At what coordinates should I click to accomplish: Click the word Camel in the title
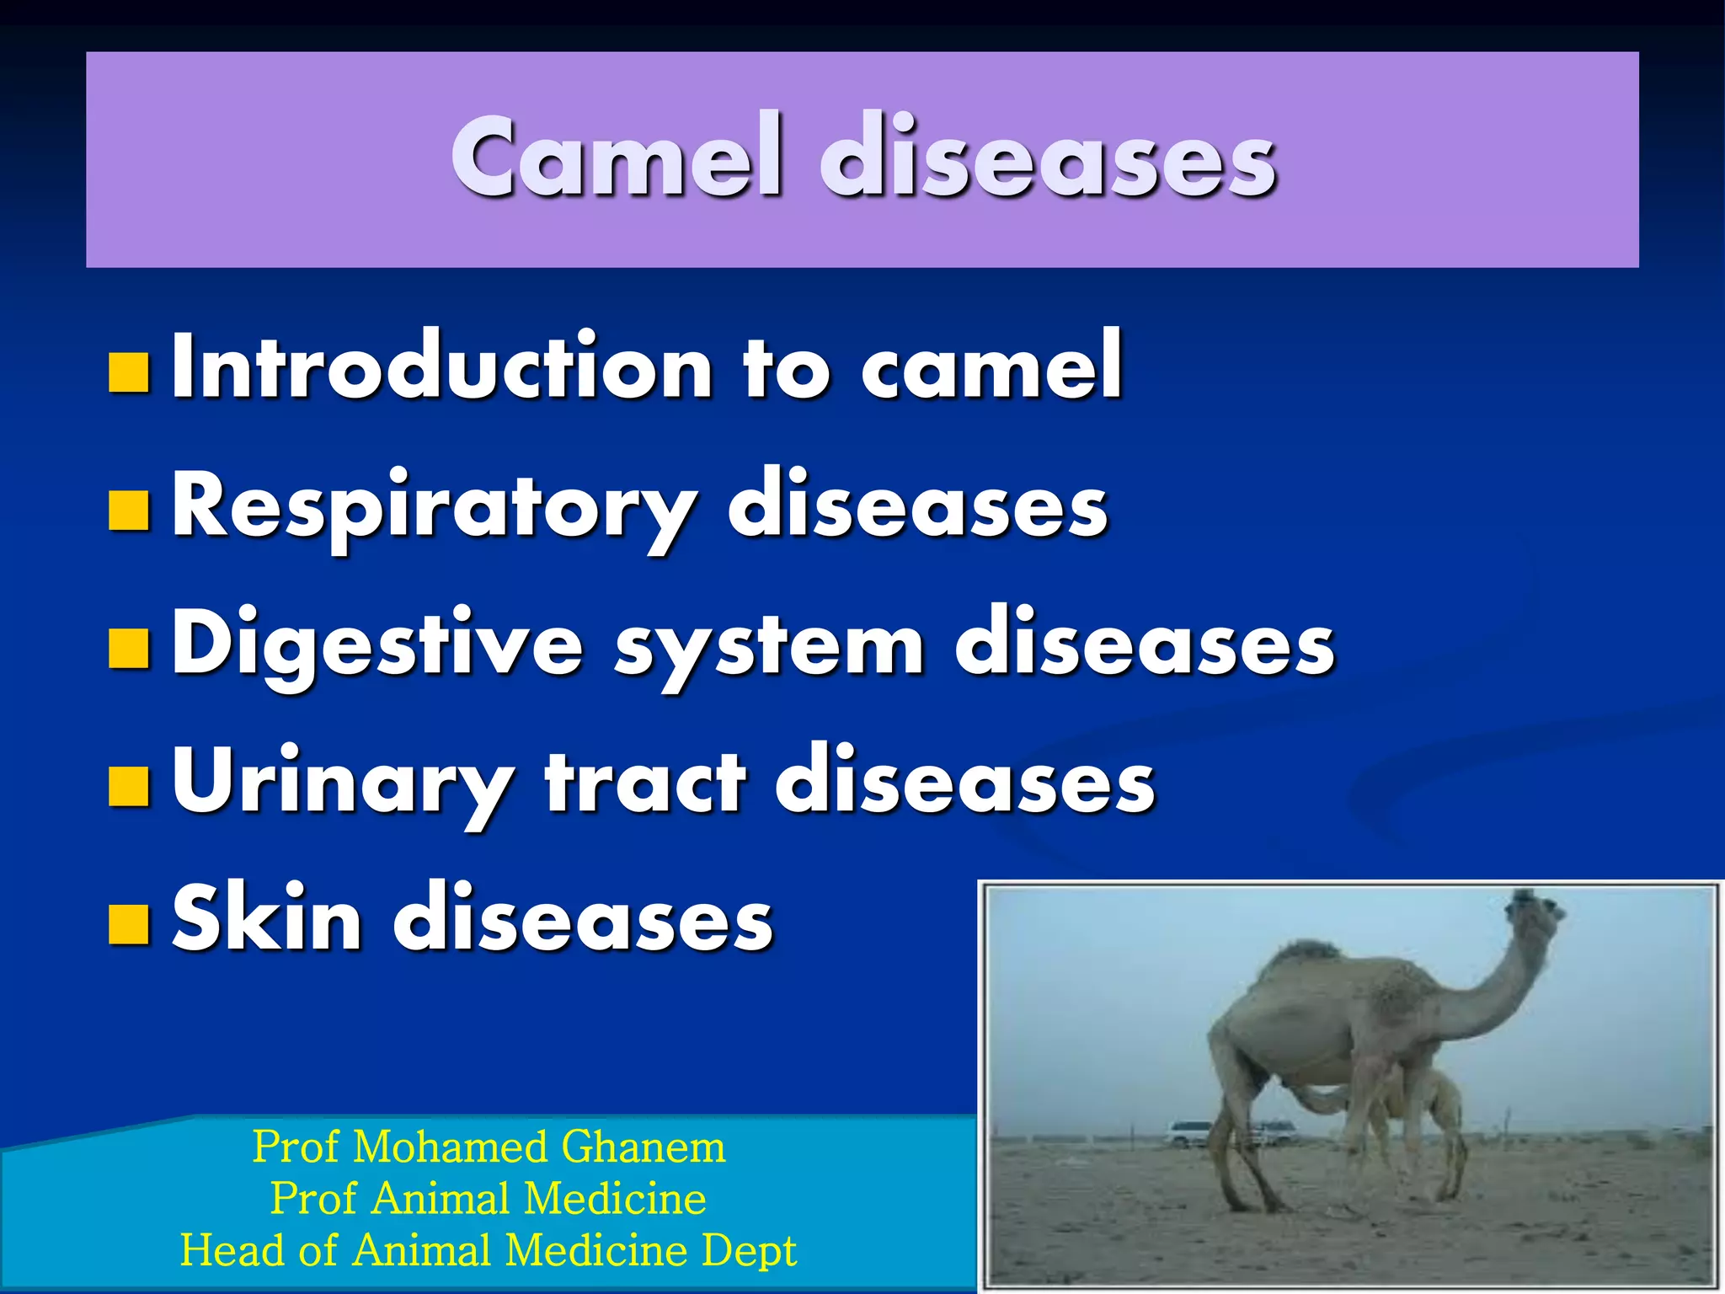pos(617,158)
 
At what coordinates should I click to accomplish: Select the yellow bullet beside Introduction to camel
pos(130,373)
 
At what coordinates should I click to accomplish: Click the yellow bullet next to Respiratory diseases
pos(130,510)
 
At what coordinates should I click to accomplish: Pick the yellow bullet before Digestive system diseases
pos(130,647)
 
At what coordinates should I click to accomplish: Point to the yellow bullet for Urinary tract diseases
pos(130,784)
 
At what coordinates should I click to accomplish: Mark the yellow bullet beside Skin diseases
pos(130,922)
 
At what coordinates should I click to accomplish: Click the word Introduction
pos(443,366)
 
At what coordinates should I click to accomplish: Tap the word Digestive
pos(377,645)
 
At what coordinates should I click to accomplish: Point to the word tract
pos(645,782)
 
